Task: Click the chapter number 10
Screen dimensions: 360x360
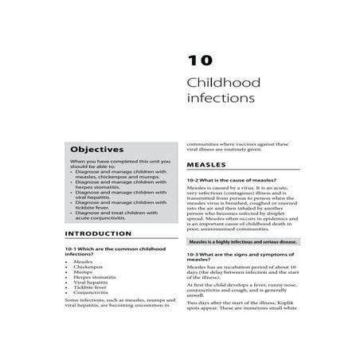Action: [x=198, y=61]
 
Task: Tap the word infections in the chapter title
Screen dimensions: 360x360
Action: [x=220, y=100]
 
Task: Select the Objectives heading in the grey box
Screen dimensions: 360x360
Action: [x=96, y=149]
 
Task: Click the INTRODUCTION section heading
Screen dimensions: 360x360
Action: [x=98, y=233]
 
